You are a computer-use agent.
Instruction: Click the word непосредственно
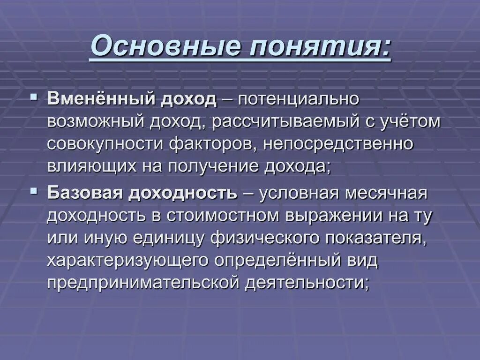tap(338, 144)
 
